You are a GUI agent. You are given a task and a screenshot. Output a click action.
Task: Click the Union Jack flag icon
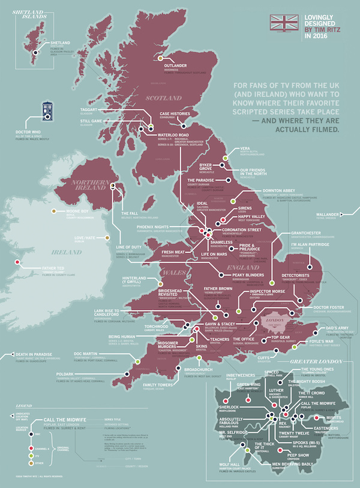pos(285,23)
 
